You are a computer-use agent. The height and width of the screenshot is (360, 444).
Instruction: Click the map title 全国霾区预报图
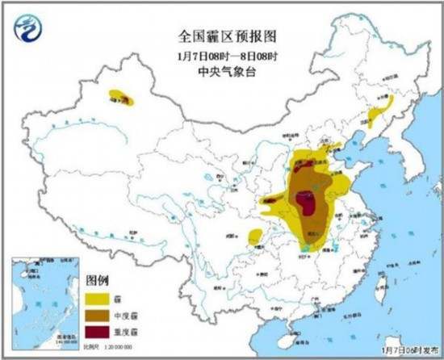(x=222, y=36)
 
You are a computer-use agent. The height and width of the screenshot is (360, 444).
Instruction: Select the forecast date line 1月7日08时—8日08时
(x=222, y=57)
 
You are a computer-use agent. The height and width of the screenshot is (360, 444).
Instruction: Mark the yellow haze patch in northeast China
(x=379, y=111)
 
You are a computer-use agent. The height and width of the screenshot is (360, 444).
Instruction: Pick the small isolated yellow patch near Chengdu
(x=255, y=237)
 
